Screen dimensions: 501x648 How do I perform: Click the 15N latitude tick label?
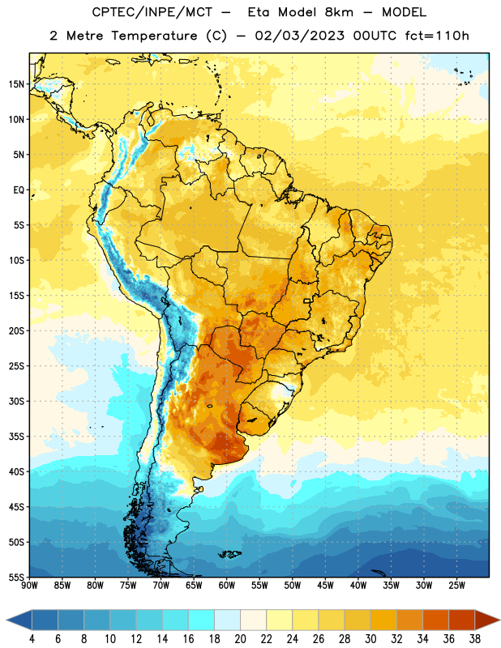(16, 84)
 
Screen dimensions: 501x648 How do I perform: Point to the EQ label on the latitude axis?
(19, 190)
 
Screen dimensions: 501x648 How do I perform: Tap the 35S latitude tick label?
(16, 437)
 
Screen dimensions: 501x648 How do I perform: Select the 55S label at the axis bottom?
(16, 577)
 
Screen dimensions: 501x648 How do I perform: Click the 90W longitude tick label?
(29, 586)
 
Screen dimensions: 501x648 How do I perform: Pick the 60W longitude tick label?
(227, 586)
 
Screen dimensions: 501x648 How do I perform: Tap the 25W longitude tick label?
(456, 586)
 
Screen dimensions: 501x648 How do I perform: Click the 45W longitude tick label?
(325, 586)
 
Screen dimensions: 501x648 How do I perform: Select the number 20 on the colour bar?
(240, 639)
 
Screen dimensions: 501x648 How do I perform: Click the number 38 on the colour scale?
(475, 639)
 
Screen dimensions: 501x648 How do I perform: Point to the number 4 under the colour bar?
(32, 639)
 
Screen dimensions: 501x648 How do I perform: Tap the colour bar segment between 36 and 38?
(462, 620)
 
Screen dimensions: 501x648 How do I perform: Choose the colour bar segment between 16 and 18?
(202, 620)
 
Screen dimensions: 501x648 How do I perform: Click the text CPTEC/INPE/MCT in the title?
(152, 12)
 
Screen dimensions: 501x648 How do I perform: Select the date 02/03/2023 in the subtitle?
(299, 36)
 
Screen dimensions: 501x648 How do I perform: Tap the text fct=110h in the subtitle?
(437, 36)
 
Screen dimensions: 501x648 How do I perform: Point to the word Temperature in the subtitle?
(154, 36)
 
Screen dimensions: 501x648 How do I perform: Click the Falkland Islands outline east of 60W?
(229, 554)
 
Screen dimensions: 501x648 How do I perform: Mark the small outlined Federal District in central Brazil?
(307, 301)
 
